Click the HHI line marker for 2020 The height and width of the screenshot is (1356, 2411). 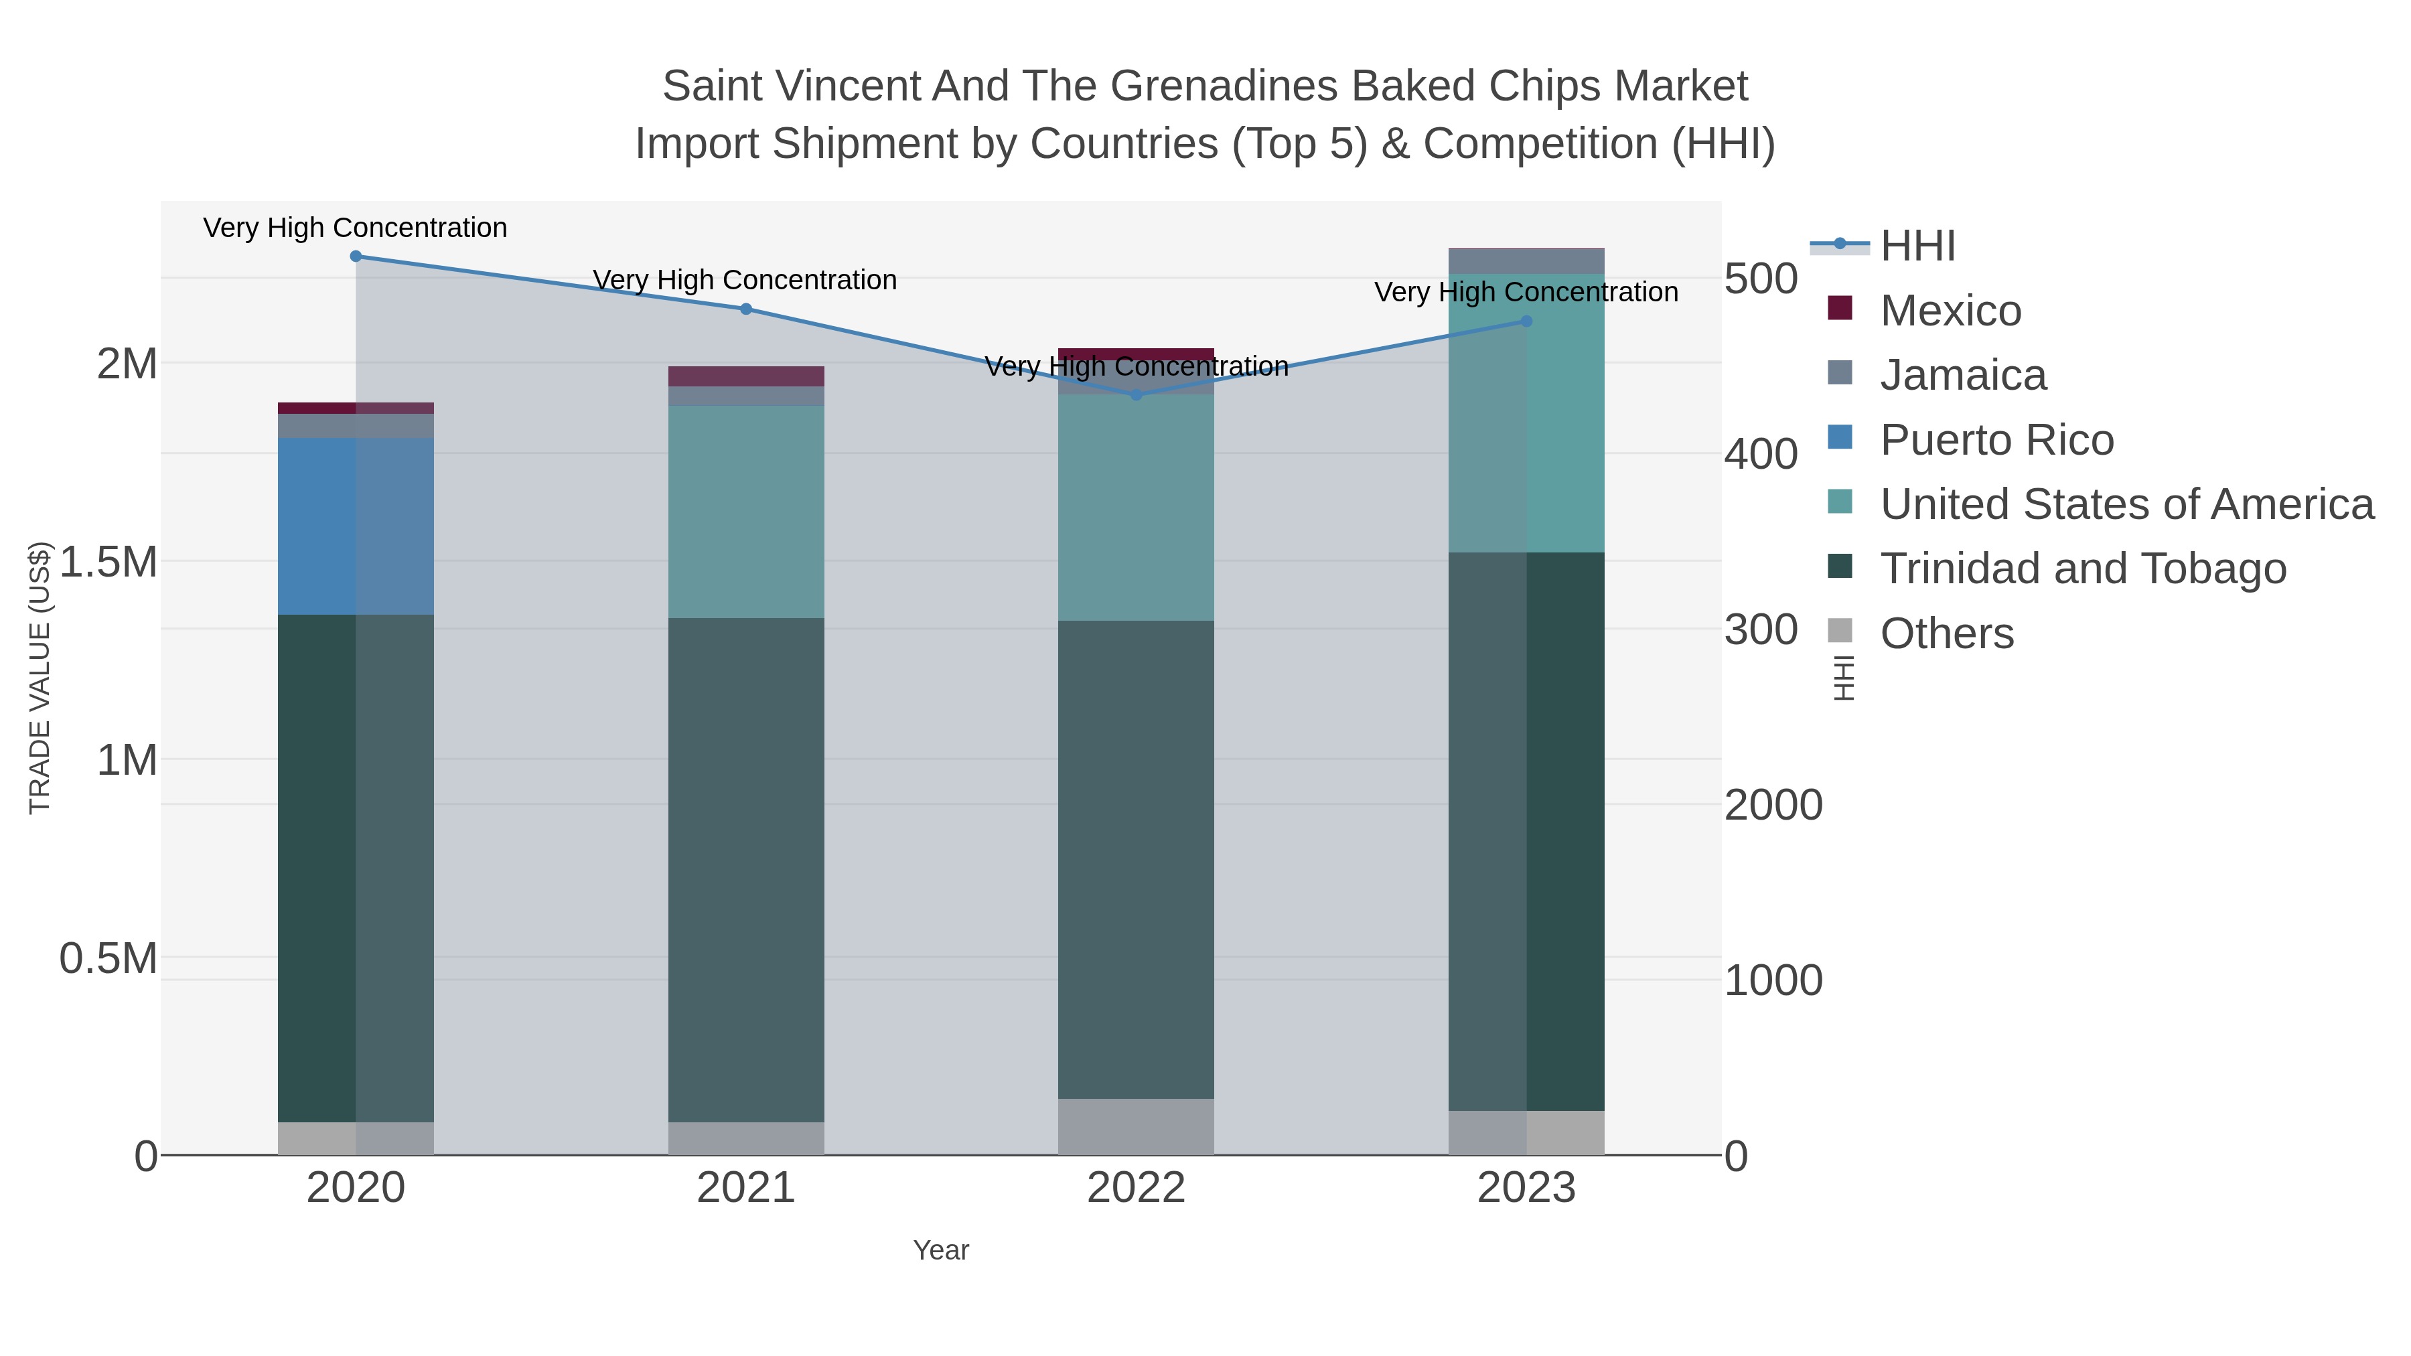point(356,256)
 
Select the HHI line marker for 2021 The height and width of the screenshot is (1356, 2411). point(746,309)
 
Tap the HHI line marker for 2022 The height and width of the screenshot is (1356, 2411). point(1137,395)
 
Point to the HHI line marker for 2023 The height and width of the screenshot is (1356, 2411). point(1526,321)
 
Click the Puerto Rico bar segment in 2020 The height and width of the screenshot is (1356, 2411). point(356,526)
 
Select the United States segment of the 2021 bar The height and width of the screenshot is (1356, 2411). point(746,511)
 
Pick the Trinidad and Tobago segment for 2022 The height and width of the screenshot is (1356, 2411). point(1137,859)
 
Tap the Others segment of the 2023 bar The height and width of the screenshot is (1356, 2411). point(1526,1132)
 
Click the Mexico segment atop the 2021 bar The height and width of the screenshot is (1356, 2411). point(746,376)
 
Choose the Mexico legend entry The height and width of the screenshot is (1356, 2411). point(1950,311)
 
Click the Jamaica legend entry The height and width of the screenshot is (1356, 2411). point(1963,375)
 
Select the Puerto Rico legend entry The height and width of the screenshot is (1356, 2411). point(1996,440)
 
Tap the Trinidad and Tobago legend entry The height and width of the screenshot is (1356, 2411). point(2082,568)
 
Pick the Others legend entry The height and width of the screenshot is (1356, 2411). point(1947,633)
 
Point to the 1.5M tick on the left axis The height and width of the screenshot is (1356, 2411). point(108,562)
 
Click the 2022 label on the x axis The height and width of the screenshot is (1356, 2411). point(1137,1189)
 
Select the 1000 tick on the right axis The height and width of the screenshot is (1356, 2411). point(1773,981)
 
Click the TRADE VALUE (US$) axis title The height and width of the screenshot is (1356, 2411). point(40,678)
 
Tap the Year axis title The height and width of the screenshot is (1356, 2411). point(941,1250)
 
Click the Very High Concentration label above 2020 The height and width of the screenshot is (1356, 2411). point(356,228)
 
